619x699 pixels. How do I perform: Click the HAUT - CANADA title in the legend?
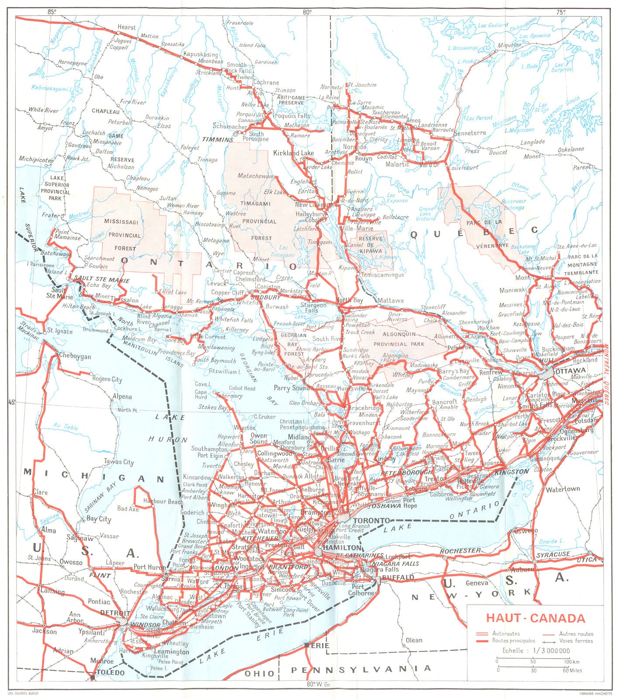point(535,618)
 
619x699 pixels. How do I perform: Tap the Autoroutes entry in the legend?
point(506,633)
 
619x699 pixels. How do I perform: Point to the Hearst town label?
point(127,27)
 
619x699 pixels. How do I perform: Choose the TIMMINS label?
point(218,139)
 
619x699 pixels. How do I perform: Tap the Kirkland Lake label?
point(293,153)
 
